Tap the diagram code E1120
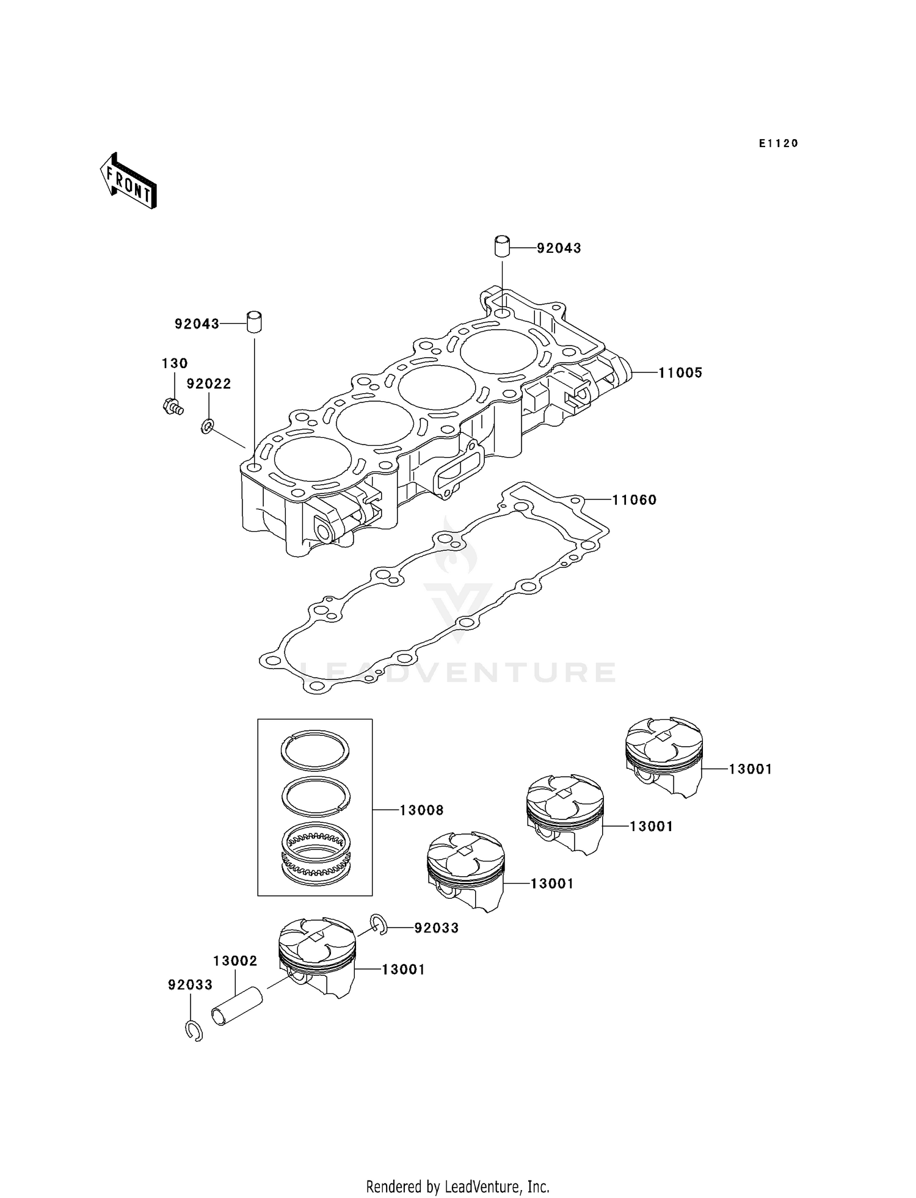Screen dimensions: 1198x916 click(x=778, y=143)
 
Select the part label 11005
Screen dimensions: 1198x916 click(x=680, y=372)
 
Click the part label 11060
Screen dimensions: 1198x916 click(x=634, y=500)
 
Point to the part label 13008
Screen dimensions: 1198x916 click(x=421, y=810)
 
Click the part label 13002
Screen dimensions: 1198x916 click(x=235, y=961)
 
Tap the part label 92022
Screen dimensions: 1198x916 click(x=209, y=383)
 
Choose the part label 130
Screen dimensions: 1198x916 click(x=175, y=363)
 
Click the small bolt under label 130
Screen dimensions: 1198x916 click(x=173, y=406)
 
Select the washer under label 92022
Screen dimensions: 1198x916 click(x=208, y=426)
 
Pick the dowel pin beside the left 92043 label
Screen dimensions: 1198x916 click(x=255, y=322)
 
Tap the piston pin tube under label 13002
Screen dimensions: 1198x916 click(x=237, y=1007)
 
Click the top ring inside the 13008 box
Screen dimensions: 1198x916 click(x=315, y=749)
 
